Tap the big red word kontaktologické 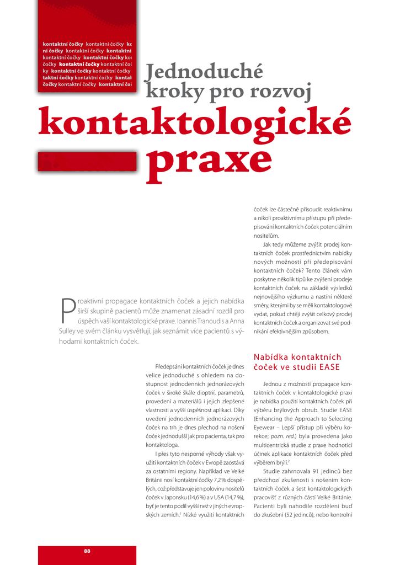pyautogui.click(x=195, y=122)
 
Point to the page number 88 pyautogui.click(x=87, y=551)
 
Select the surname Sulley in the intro pyautogui.click(x=70, y=331)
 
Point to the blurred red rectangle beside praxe pyautogui.click(x=87, y=162)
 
